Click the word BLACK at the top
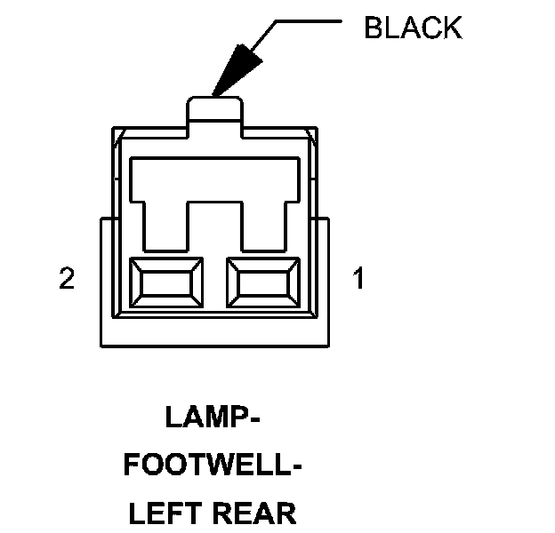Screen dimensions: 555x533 413,28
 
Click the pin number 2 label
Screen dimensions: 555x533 66,279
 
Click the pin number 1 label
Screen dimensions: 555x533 358,279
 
